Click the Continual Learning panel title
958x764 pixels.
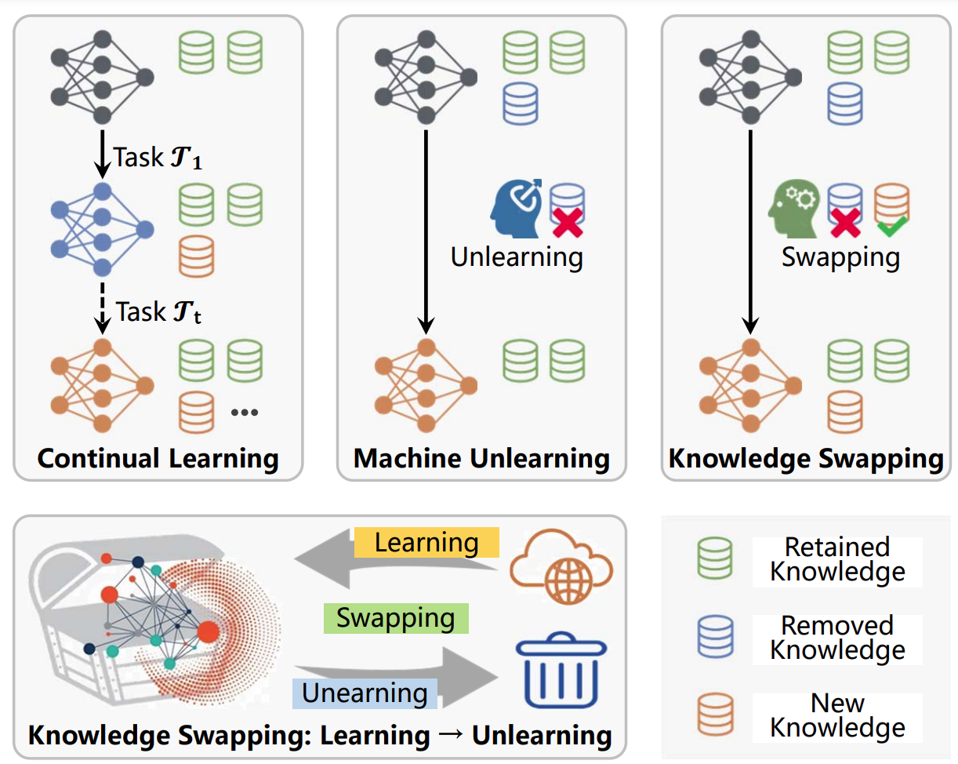pos(158,458)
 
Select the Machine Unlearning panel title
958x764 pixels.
pos(481,458)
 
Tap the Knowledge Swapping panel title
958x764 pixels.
pos(806,458)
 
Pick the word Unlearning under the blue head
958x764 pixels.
pos(517,256)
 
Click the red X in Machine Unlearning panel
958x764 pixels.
pos(568,224)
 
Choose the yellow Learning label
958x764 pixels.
pos(426,542)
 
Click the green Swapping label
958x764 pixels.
pos(396,618)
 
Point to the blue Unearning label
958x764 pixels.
pos(365,693)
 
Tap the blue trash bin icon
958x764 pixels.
pos(561,670)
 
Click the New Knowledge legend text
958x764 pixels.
pos(837,715)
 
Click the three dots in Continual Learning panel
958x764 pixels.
pos(245,412)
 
